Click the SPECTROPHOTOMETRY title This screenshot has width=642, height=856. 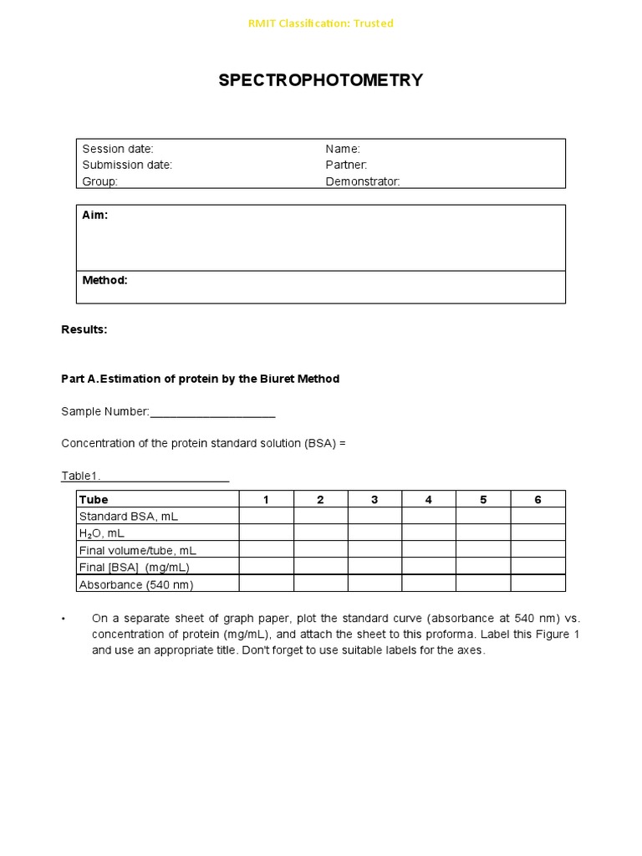coord(320,80)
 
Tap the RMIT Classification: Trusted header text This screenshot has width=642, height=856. coord(320,23)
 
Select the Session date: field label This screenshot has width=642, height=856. coord(118,149)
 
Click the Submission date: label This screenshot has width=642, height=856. coord(127,165)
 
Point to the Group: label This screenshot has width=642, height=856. coord(100,181)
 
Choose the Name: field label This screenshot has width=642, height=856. coord(343,149)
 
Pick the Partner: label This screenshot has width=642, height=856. coord(346,165)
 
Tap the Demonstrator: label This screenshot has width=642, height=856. coord(363,181)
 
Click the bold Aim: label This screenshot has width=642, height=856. coord(95,216)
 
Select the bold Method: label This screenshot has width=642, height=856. coord(104,280)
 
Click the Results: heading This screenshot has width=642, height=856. coord(84,329)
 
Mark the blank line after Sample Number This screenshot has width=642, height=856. coord(212,412)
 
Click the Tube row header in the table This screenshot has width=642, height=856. coord(94,500)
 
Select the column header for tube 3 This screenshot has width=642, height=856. coord(374,500)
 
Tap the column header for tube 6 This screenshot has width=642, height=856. coord(538,500)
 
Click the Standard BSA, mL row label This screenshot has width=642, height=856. coord(128,517)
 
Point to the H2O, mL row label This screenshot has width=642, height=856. coord(101,533)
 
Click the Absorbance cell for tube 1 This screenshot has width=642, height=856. coord(266,584)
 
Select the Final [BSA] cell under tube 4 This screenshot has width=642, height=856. coord(429,567)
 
